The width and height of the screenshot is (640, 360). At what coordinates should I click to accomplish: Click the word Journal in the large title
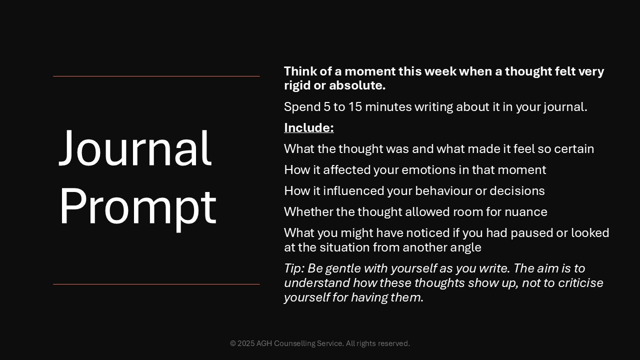pos(135,147)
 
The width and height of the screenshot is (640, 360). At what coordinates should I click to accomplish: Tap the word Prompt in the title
pos(138,209)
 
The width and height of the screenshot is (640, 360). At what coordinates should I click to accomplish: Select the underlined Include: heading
pos(309,127)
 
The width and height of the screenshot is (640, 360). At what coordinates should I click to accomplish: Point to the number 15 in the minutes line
pos(355,107)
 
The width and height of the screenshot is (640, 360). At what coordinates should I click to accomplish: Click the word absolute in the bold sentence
pos(357,85)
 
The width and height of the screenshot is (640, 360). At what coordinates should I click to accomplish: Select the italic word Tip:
pos(294,268)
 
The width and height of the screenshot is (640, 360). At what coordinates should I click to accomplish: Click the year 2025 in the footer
pos(246,343)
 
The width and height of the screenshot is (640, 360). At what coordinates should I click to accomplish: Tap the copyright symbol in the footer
pos(233,343)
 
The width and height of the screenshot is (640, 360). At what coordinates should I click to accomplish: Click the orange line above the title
pos(156,76)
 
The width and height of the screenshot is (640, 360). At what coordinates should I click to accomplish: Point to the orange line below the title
pos(156,284)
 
